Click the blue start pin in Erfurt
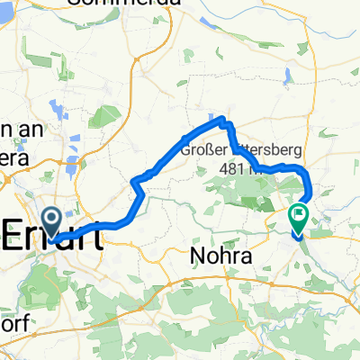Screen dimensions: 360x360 [x=52, y=221]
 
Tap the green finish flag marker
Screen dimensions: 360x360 [x=298, y=217]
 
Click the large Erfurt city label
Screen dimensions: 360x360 [x=54, y=232]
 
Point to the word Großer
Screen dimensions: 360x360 [x=204, y=150]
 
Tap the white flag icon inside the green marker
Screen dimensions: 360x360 [x=298, y=215]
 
